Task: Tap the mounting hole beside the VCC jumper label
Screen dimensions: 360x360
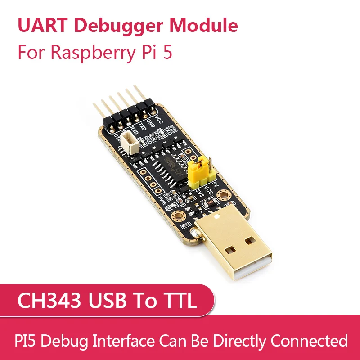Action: pyautogui.click(x=223, y=195)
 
